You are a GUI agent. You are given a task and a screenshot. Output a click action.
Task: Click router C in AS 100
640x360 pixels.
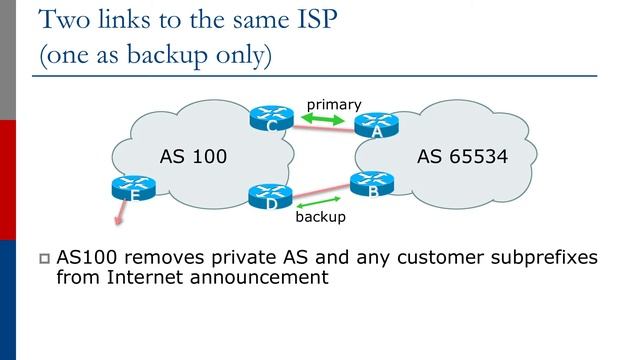[x=270, y=119]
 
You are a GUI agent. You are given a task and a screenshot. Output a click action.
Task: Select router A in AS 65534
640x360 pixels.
[x=375, y=125]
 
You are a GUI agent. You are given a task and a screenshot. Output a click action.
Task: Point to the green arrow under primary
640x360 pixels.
[x=324, y=119]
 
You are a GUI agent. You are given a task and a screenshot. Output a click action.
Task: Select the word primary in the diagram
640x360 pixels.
[x=333, y=103]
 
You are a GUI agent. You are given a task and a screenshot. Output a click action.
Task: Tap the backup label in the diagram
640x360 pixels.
[x=321, y=216]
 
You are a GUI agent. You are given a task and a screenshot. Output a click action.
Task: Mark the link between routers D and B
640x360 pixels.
[x=320, y=187]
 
